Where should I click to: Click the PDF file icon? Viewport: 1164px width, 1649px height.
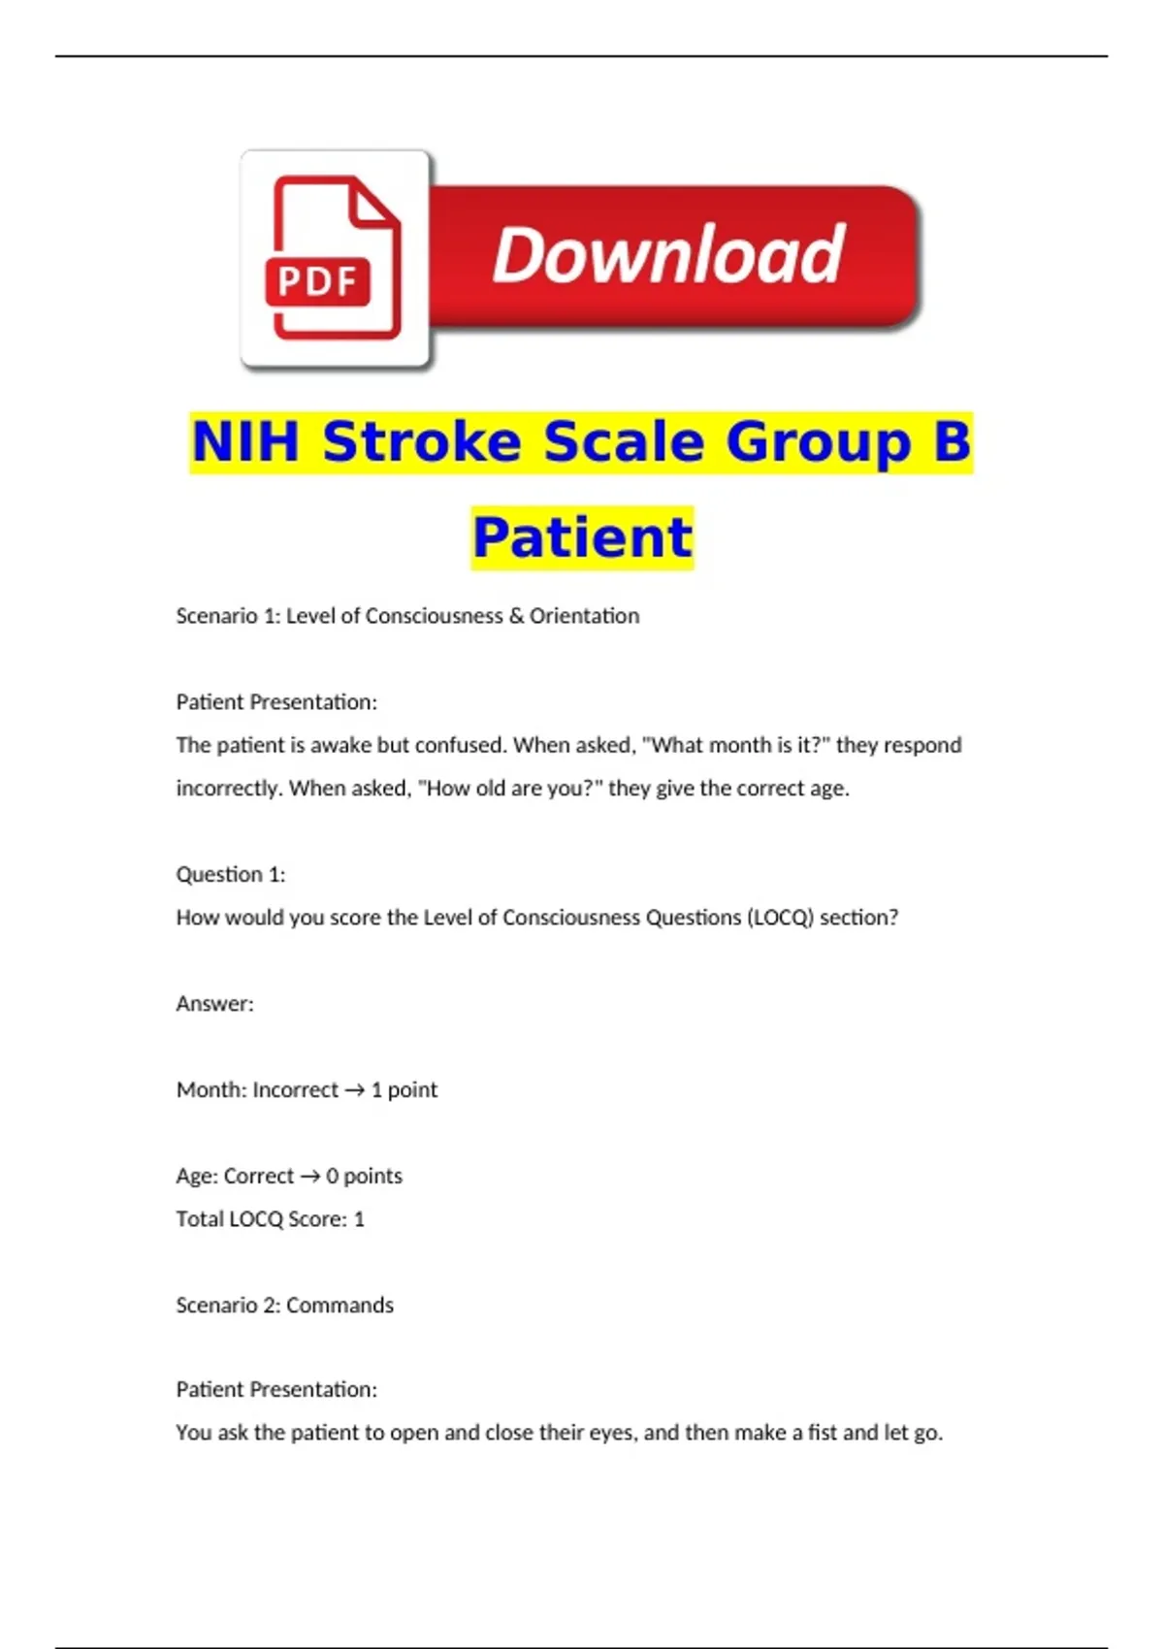(x=334, y=258)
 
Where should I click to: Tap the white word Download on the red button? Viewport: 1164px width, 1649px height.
(x=668, y=255)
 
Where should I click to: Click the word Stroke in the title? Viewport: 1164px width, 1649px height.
(x=423, y=442)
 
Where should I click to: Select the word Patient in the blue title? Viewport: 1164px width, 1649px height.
(x=583, y=537)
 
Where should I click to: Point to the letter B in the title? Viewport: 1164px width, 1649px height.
(x=951, y=442)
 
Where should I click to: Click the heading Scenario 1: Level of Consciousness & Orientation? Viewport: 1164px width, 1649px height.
(x=407, y=616)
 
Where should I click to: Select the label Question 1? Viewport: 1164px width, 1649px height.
(x=231, y=875)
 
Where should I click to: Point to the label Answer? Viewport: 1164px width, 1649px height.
(x=214, y=1004)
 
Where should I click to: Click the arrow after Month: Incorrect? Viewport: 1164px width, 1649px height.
(x=354, y=1090)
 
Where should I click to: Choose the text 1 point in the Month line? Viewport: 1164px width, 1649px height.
(x=404, y=1090)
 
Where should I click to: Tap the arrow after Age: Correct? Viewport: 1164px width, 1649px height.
(x=309, y=1177)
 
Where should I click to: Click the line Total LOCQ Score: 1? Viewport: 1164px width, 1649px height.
(x=270, y=1219)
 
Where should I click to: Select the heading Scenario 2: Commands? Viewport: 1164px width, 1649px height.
(x=284, y=1306)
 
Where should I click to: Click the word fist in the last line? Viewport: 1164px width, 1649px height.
(x=823, y=1433)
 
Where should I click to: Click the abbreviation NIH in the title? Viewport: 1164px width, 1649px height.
(x=245, y=442)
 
